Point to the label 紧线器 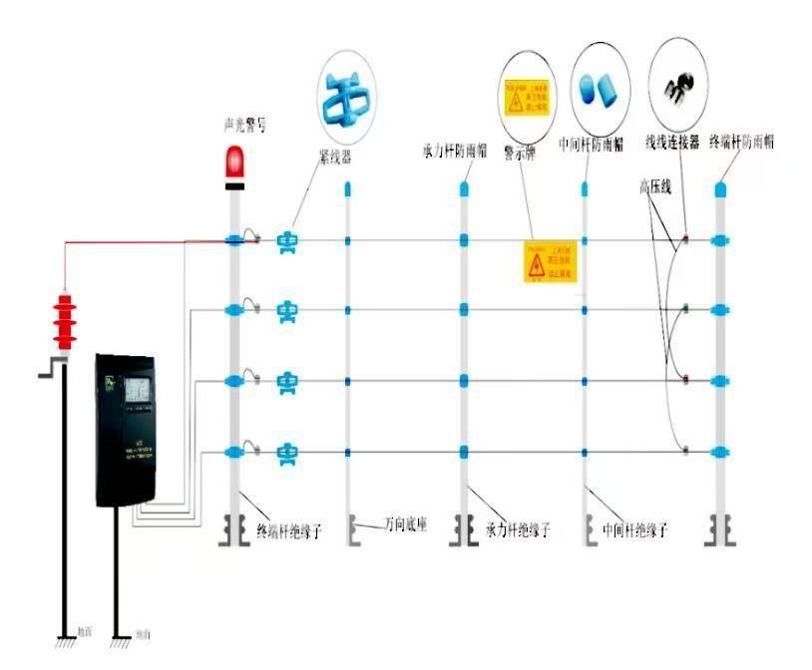[x=334, y=157]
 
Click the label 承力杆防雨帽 [x=455, y=152]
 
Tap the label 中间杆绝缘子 [x=635, y=530]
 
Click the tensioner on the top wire [x=287, y=239]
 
